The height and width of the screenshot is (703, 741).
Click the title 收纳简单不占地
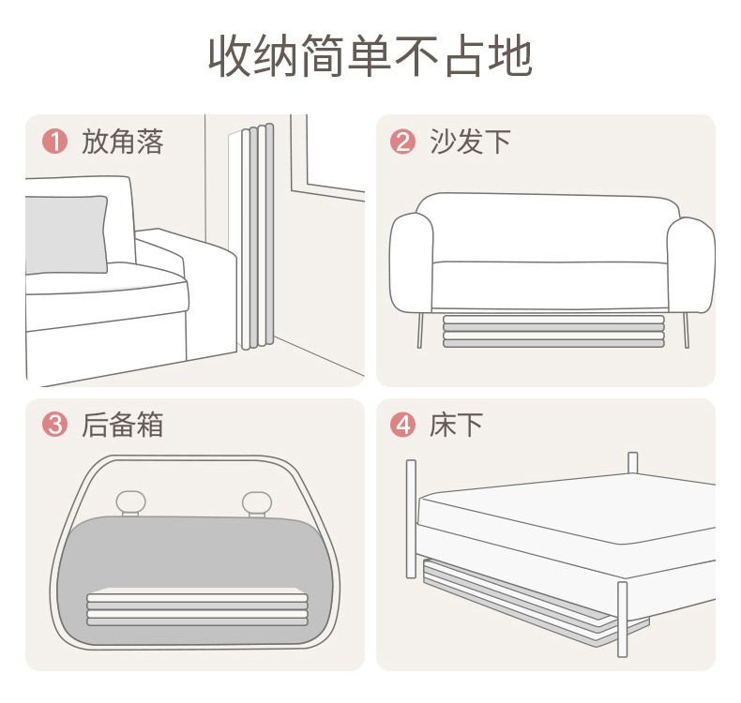pos(371,55)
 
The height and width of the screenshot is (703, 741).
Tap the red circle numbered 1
pos(54,142)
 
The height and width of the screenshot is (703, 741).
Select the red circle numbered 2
pos(402,142)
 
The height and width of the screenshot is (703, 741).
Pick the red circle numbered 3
pos(54,424)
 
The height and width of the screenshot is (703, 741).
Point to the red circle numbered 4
pos(402,424)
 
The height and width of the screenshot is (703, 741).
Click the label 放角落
pos(122,142)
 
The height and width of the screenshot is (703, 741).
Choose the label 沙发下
pos(470,142)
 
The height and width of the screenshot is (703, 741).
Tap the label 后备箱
pos(122,424)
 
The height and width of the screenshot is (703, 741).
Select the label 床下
pos(456,424)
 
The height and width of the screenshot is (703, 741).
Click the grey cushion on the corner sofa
pos(67,234)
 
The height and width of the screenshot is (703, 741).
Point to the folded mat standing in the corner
pos(255,236)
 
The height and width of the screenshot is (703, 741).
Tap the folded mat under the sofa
pos(553,332)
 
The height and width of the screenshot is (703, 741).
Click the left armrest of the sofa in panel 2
pos(411,262)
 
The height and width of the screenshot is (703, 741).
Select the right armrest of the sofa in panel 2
pos(691,264)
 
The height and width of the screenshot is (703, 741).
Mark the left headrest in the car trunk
pos(131,503)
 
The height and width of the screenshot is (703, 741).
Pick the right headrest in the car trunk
pos(257,503)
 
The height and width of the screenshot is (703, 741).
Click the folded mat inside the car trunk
pos(197,607)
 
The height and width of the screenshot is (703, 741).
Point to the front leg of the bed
pos(623,619)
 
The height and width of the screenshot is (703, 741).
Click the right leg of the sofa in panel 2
pos(686,331)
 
